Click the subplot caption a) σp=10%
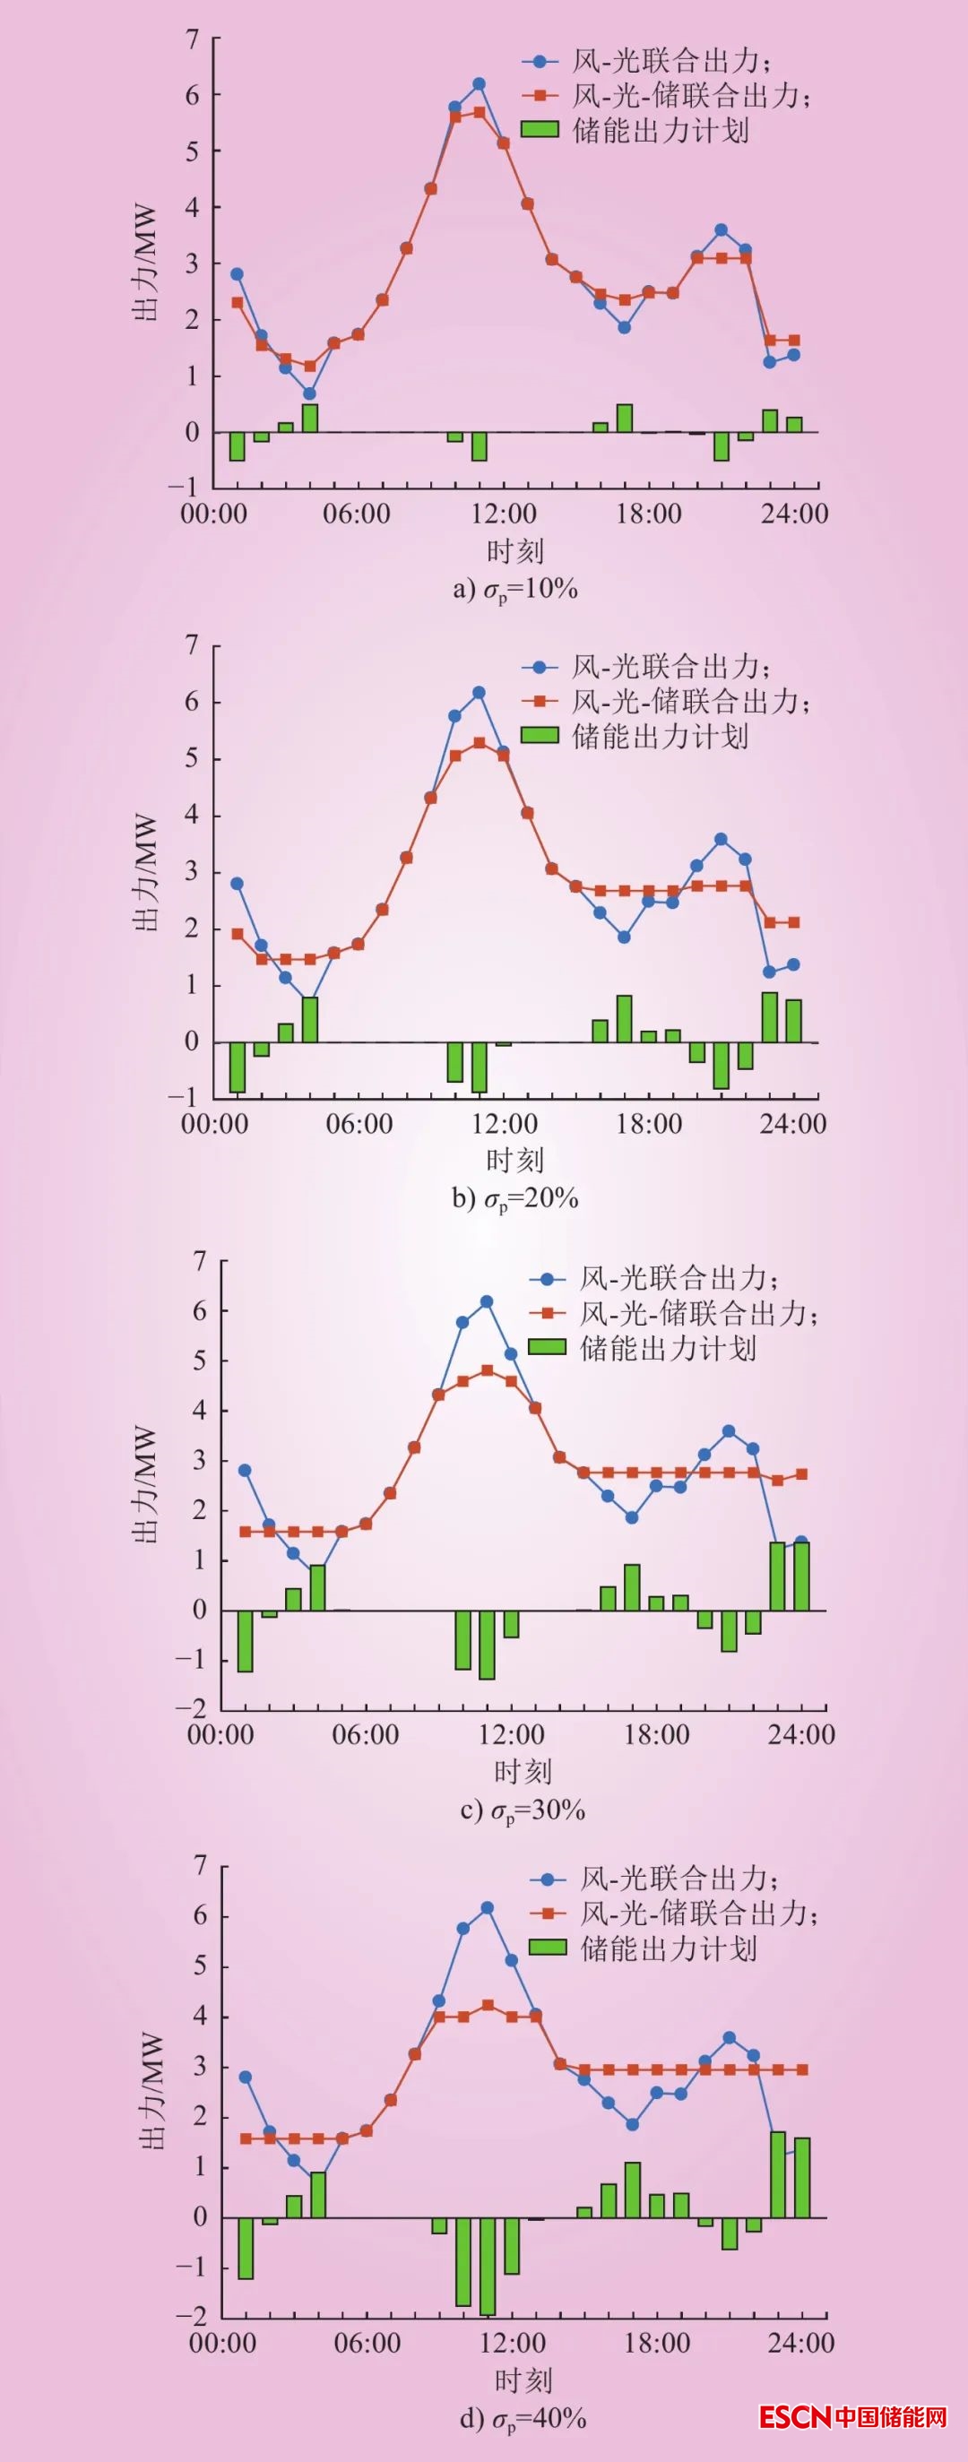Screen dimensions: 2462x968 click(515, 589)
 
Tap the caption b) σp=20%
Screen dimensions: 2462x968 click(515, 1197)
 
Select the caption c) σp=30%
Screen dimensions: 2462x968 click(523, 1810)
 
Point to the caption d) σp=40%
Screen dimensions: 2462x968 click(523, 2418)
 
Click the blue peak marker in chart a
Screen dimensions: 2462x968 click(479, 84)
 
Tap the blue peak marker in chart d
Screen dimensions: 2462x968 click(488, 1906)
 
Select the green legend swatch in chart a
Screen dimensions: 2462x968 click(540, 129)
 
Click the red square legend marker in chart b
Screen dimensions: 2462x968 click(540, 702)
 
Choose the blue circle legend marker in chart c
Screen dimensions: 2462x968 click(548, 1279)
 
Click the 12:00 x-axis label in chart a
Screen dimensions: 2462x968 click(504, 514)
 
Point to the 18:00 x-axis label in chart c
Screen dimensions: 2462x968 click(656, 1734)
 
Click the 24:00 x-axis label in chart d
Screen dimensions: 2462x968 click(800, 2343)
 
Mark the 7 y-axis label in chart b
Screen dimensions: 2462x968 click(192, 646)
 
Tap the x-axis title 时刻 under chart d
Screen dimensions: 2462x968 click(523, 2380)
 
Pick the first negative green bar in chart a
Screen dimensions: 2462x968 click(237, 446)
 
